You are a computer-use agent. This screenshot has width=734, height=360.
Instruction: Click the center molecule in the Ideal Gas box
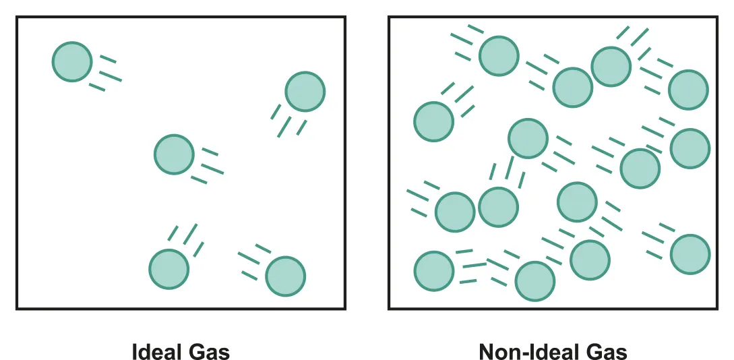(x=174, y=154)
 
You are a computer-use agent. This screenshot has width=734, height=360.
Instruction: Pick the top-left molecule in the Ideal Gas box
(x=72, y=62)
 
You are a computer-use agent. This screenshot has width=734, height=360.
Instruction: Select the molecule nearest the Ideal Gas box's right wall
(x=305, y=92)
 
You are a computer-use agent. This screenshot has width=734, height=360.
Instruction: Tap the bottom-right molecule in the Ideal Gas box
(x=285, y=276)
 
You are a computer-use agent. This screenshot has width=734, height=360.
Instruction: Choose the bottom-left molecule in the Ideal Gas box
(x=169, y=269)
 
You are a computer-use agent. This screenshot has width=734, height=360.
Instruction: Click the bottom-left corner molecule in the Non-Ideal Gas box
(x=434, y=271)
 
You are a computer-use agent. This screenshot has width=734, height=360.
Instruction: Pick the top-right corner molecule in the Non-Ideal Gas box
(x=688, y=89)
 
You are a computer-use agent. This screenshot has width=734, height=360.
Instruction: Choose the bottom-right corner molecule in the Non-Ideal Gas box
(x=690, y=254)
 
